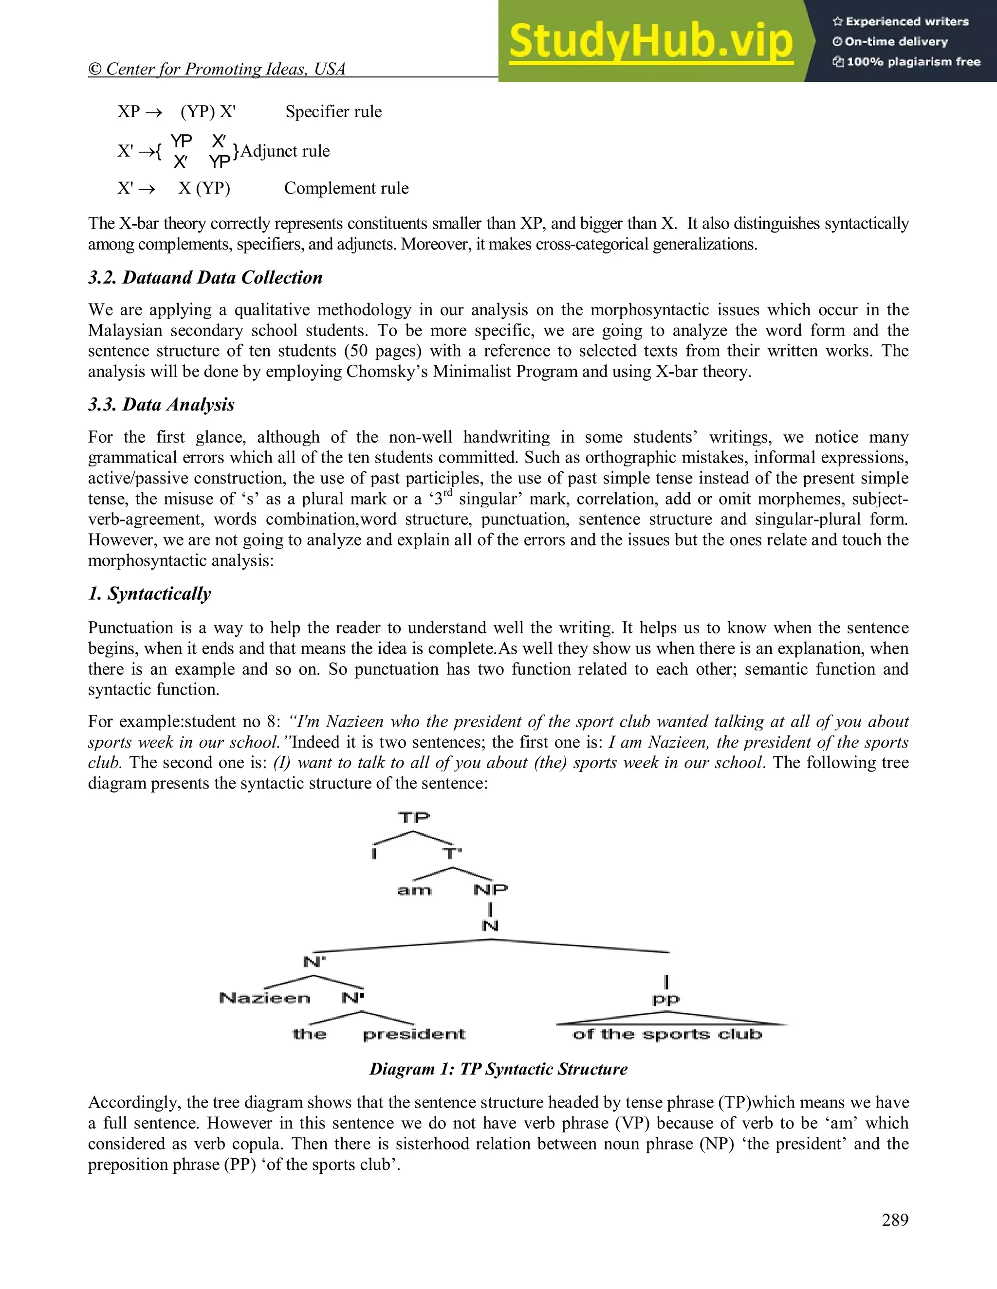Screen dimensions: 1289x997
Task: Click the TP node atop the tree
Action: (413, 818)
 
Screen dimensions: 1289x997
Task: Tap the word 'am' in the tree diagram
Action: (414, 890)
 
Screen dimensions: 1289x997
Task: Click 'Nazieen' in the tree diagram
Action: (265, 998)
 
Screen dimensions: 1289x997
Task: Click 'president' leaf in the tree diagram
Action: (414, 1034)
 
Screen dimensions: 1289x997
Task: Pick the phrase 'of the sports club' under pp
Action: (667, 1034)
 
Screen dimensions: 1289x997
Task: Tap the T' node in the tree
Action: (452, 854)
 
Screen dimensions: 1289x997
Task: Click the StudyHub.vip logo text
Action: (650, 41)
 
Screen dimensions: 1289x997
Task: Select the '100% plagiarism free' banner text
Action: (913, 62)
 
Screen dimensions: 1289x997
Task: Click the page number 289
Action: (895, 1220)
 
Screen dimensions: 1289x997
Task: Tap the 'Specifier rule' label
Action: (333, 111)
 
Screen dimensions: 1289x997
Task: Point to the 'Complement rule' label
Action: (346, 188)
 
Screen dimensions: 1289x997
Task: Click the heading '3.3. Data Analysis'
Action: (161, 404)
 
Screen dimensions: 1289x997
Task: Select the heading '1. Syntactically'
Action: (149, 594)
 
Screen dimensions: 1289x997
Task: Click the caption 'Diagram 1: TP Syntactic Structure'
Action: (498, 1069)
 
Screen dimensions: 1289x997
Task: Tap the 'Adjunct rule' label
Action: (285, 151)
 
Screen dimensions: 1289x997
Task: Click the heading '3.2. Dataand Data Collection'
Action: (205, 277)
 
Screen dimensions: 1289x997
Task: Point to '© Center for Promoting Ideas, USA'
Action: (216, 69)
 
